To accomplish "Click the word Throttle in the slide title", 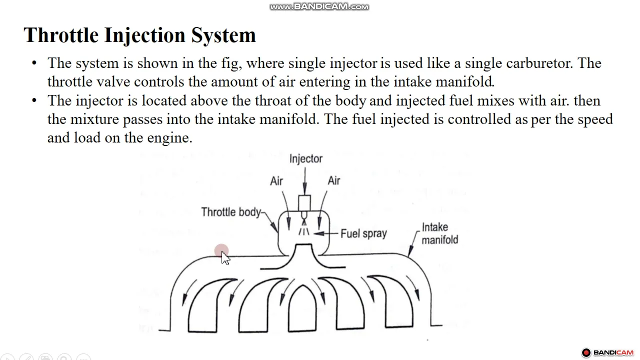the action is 61,35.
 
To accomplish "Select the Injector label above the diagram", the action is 305,159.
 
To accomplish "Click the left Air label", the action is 276,181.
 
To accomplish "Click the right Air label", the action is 333,180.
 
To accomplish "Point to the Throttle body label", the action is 231,212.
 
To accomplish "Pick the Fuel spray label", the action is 363,233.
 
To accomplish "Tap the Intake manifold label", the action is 439,233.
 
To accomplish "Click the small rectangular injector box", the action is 304,203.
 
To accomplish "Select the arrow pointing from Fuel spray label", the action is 326,233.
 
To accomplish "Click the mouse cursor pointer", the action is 225,258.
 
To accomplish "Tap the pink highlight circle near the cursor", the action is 221,251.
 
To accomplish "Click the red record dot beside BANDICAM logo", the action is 586,352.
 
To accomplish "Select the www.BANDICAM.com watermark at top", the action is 319,6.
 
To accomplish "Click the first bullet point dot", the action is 34,63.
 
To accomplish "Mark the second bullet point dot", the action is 34,100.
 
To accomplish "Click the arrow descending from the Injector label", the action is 305,180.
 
